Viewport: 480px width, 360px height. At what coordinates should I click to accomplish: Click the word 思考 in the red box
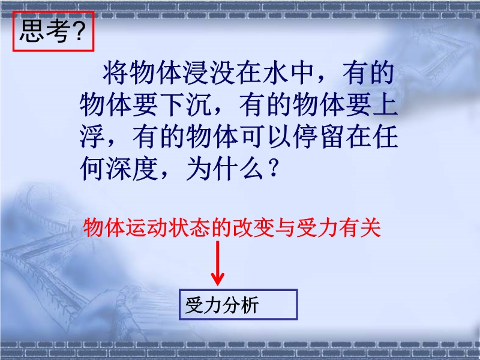44,31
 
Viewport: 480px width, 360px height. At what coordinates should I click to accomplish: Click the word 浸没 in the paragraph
196,73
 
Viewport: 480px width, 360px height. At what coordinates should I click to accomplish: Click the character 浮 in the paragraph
92,137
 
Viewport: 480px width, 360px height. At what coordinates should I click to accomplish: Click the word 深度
132,169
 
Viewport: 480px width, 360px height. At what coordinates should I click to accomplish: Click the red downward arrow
218,263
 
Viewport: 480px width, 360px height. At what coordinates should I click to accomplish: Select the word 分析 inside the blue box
241,305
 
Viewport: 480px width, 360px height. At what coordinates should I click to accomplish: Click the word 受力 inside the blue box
203,305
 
